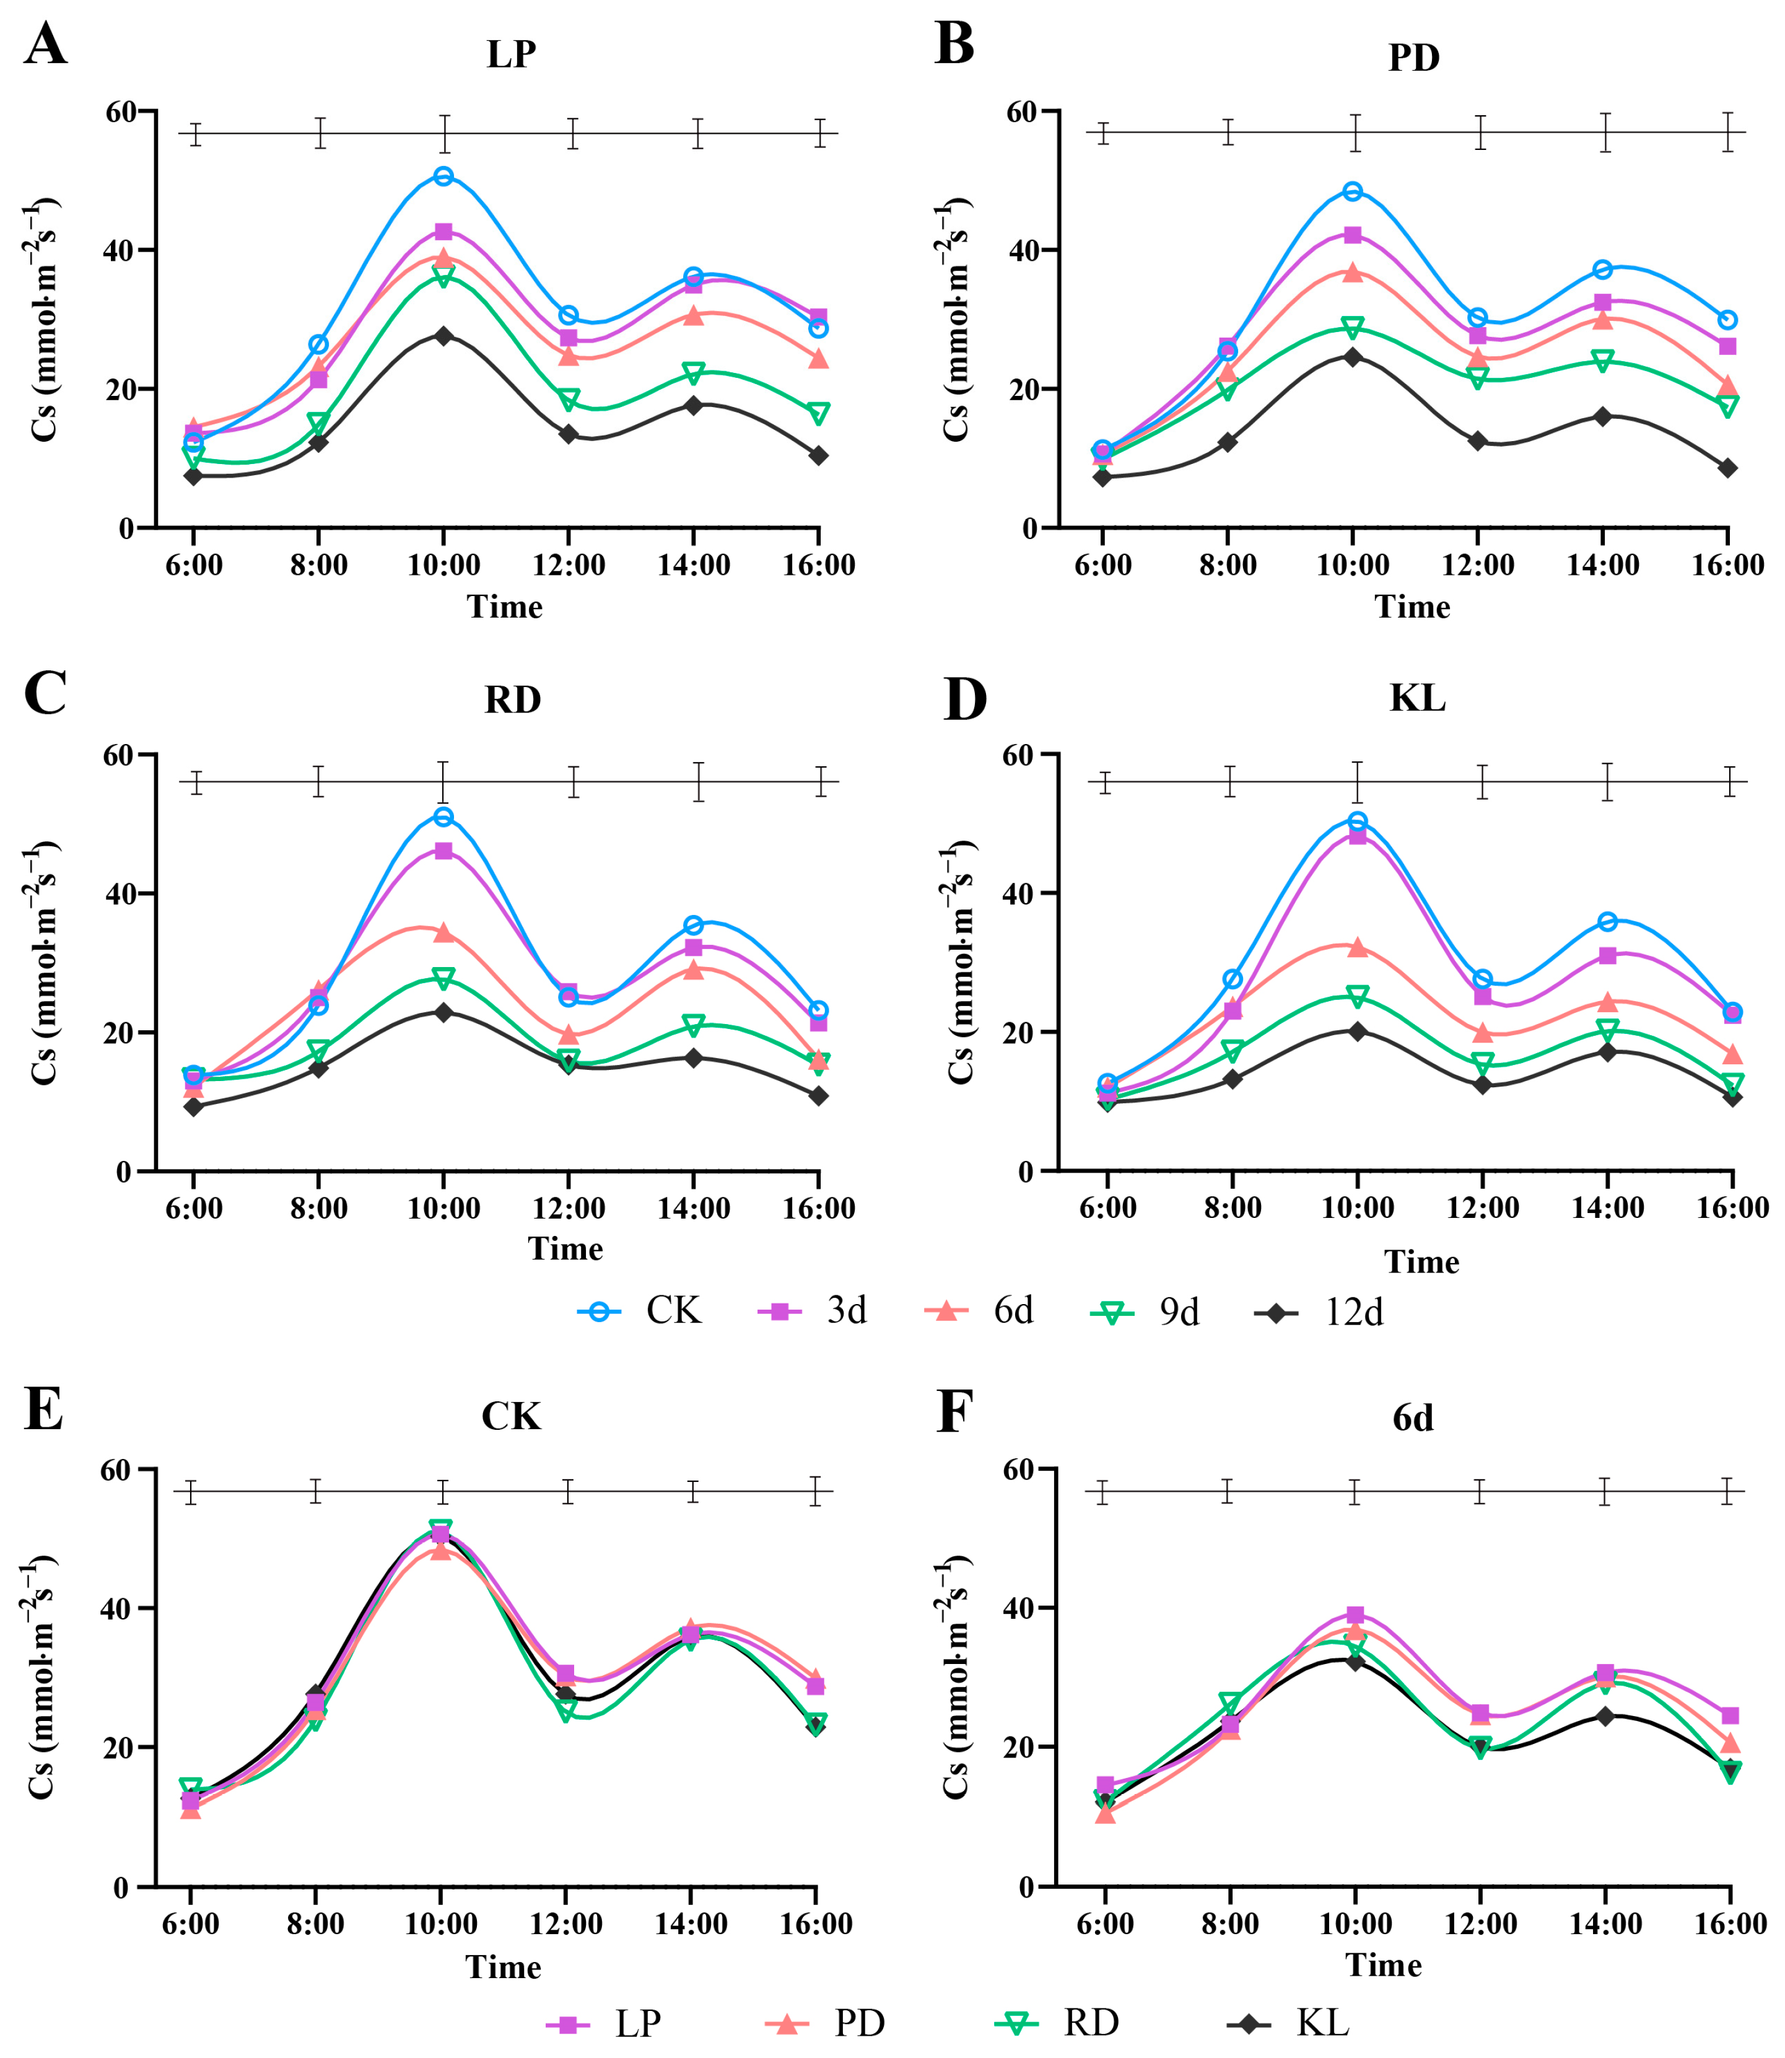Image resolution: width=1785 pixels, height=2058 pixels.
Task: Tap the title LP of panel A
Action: click(x=511, y=54)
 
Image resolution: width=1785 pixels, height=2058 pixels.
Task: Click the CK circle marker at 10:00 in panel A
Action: click(x=443, y=177)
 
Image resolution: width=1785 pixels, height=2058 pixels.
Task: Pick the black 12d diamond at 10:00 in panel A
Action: click(x=443, y=336)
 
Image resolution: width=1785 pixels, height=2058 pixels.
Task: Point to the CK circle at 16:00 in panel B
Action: click(x=1727, y=320)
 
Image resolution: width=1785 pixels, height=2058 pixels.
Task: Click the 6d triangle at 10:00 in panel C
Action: click(x=443, y=932)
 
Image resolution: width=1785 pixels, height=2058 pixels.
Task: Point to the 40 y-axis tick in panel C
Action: click(x=120, y=893)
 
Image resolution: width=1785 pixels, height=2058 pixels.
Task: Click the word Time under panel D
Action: click(x=1421, y=1262)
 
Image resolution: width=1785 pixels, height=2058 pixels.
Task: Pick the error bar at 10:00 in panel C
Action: click(x=443, y=782)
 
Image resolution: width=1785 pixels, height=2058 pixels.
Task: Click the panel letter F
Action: click(x=954, y=1411)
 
